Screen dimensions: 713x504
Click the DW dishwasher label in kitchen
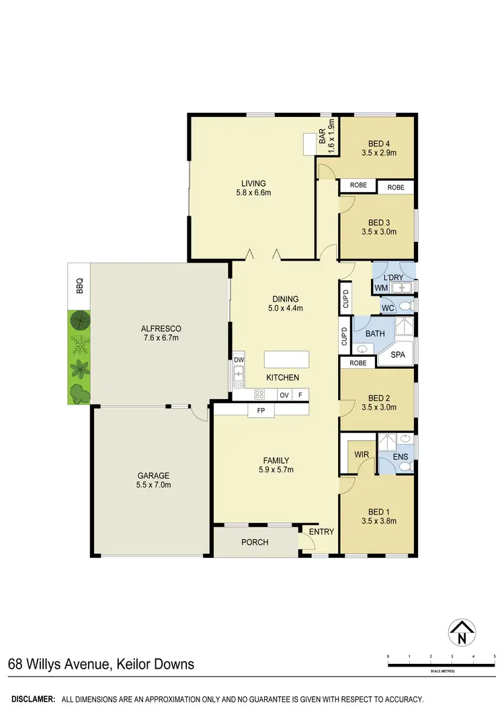(x=238, y=360)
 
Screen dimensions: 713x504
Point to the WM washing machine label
(x=381, y=288)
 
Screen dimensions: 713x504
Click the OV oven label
(x=284, y=395)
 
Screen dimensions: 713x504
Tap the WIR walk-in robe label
(x=361, y=455)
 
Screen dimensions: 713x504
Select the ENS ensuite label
(x=401, y=458)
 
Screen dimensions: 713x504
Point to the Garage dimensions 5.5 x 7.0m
(x=155, y=485)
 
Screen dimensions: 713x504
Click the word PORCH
(x=255, y=542)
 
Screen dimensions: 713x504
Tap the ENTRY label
(x=321, y=532)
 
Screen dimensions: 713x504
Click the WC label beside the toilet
(x=387, y=308)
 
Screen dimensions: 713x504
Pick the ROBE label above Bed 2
(x=358, y=363)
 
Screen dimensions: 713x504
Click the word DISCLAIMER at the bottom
(x=32, y=700)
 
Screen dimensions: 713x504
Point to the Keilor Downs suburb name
(x=154, y=665)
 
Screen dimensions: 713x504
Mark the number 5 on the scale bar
(x=494, y=656)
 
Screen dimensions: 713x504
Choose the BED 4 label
(x=378, y=144)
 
